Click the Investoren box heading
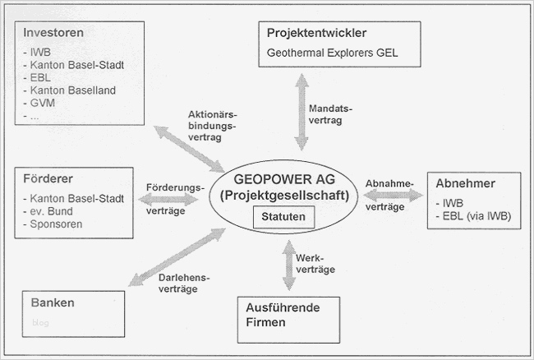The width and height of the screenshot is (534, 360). coord(53,33)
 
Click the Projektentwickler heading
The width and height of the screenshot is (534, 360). coord(316,34)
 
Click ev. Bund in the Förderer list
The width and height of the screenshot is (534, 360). coord(53,210)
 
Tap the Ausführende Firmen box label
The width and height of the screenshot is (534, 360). coord(283,315)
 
